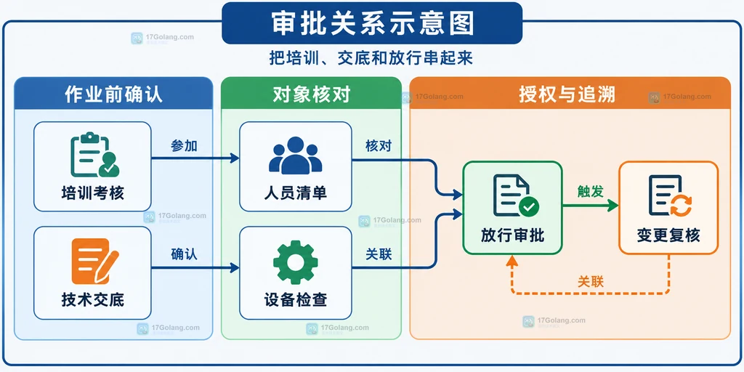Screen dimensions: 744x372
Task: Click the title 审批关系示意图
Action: coord(373,23)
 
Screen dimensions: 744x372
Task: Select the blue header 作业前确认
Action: coord(113,94)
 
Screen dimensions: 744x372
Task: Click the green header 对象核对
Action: coord(311,94)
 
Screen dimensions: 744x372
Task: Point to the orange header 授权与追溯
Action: coord(567,94)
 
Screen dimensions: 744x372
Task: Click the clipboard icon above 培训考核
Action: coord(94,155)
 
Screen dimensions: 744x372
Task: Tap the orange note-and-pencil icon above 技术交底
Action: coord(94,261)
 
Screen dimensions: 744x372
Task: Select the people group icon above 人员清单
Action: coord(295,155)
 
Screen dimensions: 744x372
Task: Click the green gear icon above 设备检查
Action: coord(295,262)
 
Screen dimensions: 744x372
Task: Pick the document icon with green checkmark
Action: coord(516,195)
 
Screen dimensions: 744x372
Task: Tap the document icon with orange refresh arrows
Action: coord(670,195)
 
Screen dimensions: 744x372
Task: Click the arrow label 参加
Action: coord(184,146)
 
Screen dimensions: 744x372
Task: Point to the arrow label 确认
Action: coord(184,254)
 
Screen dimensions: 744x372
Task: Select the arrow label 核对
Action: coord(379,145)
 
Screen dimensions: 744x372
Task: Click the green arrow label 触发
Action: coord(590,191)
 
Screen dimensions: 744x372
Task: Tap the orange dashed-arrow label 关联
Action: coord(591,281)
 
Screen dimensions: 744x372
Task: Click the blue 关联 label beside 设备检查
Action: coord(379,254)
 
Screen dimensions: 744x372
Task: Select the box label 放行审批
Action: coord(512,235)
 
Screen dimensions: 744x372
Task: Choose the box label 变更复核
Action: coord(668,235)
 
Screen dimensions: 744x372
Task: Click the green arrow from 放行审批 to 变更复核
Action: coord(590,206)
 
